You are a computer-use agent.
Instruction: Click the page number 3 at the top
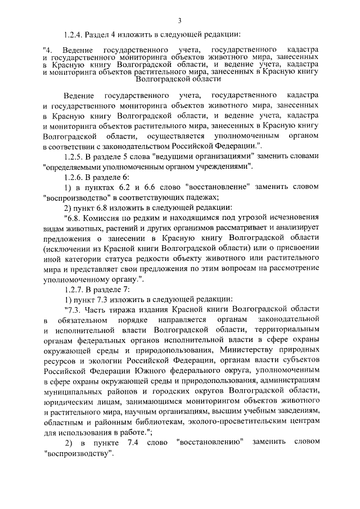pyautogui.click(x=179, y=21)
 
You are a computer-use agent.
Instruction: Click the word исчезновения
pyautogui.click(x=292, y=218)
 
